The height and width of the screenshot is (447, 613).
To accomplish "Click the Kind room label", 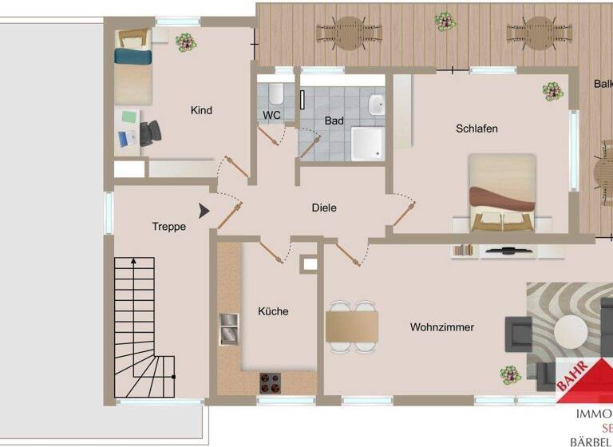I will (x=201, y=110).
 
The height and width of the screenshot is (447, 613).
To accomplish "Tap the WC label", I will (x=271, y=115).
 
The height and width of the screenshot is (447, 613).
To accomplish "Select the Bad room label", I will (x=334, y=121).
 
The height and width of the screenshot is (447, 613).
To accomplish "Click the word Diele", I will (x=324, y=208).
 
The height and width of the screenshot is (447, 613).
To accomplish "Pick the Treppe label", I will (x=168, y=227).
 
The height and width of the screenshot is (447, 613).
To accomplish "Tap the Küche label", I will (x=273, y=311).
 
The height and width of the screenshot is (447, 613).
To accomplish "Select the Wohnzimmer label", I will (x=442, y=326).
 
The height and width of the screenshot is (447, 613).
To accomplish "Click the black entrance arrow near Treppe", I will (x=204, y=210).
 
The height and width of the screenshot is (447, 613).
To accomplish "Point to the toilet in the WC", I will (x=275, y=95).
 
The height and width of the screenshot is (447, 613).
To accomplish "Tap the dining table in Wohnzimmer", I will (x=351, y=326).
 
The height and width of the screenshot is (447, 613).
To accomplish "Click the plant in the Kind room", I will (x=185, y=40).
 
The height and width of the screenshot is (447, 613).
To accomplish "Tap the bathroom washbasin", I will (x=377, y=105).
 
